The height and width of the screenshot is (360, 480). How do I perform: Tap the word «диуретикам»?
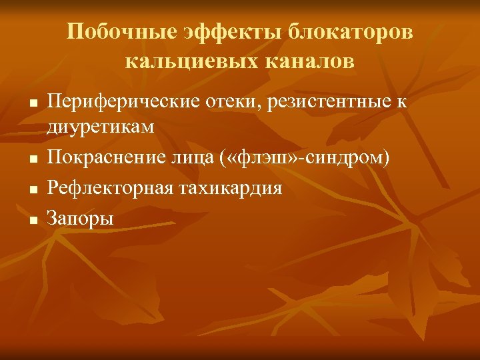click(100, 126)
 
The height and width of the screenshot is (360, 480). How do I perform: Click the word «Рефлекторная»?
click(108, 188)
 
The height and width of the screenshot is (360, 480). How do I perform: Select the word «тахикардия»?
click(230, 188)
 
